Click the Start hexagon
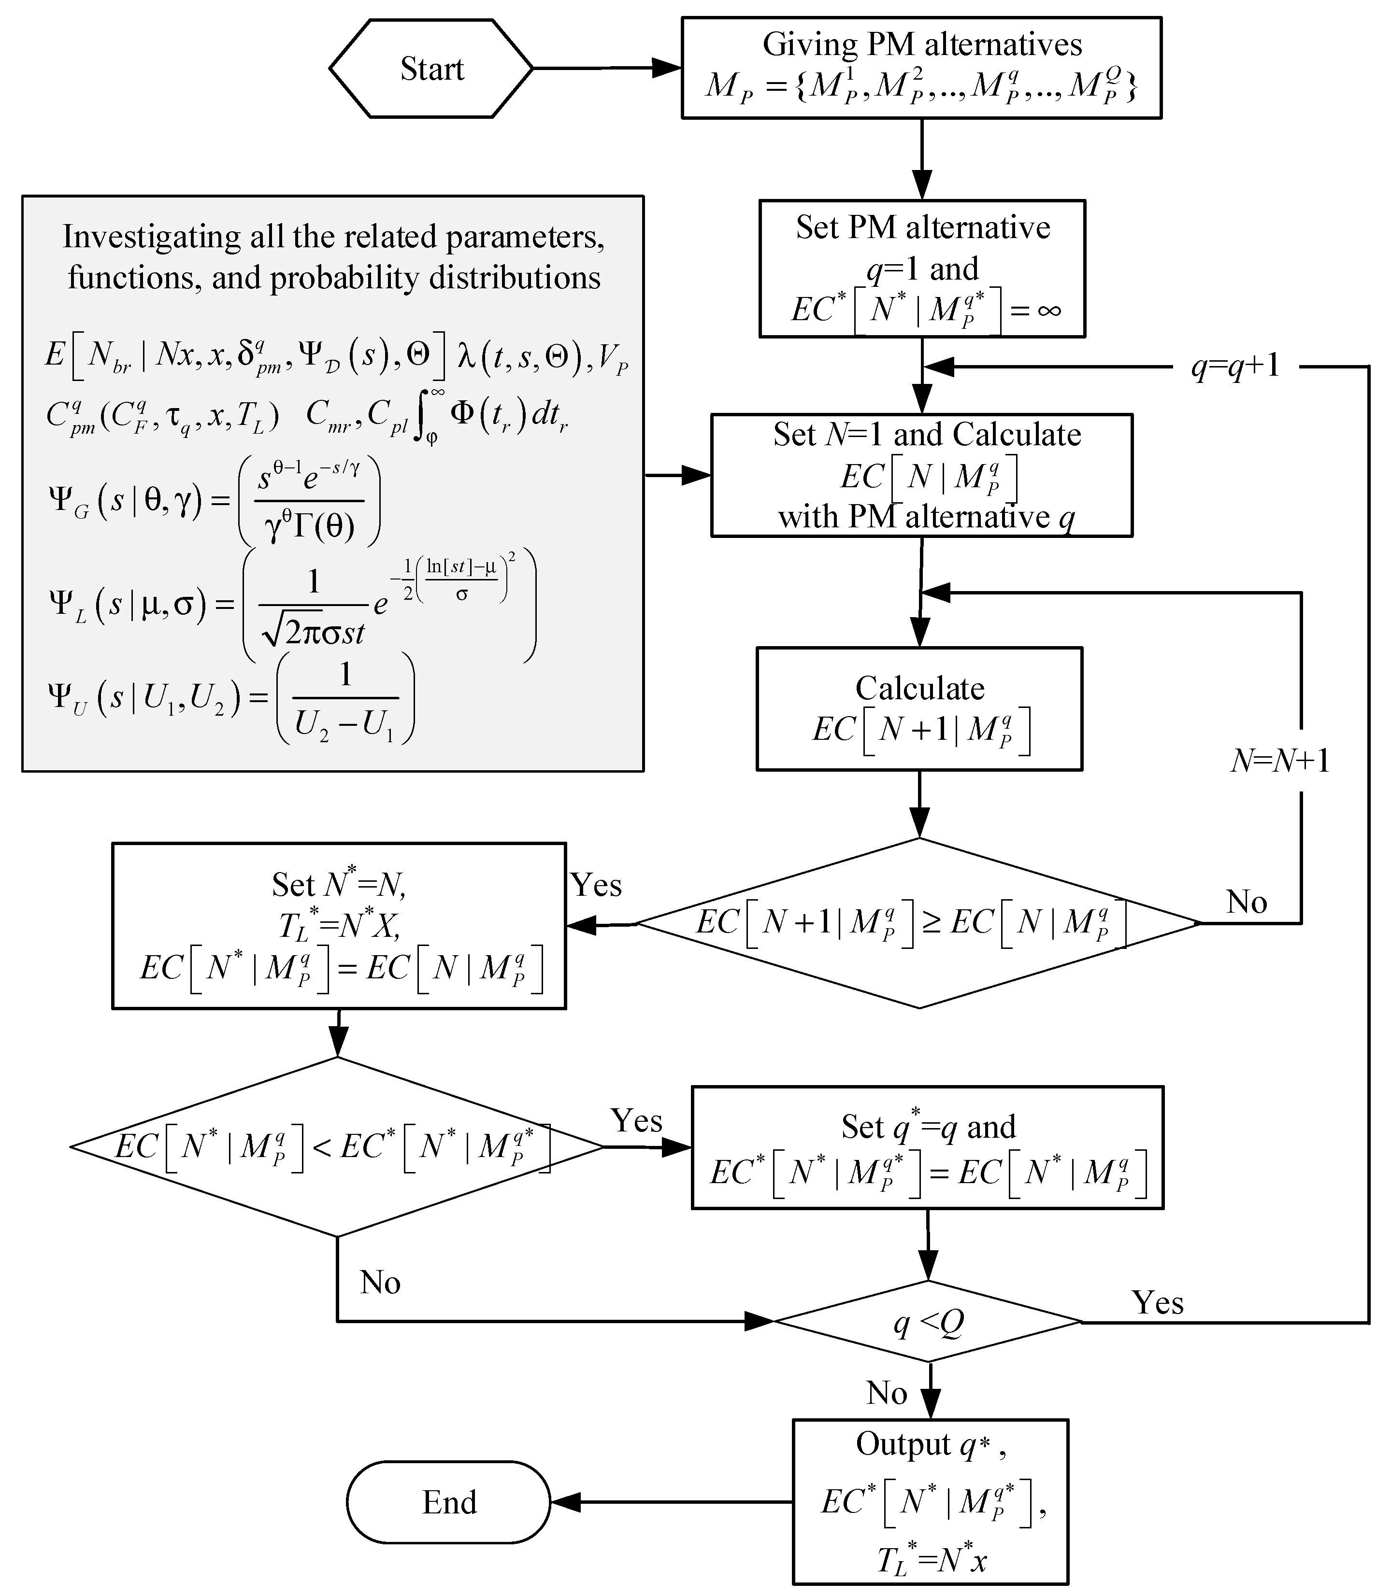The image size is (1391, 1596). [431, 68]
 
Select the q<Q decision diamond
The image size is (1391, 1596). [928, 1321]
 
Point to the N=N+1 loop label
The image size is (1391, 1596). [1280, 761]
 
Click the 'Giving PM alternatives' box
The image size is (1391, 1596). [921, 68]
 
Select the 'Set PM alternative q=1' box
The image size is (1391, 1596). [921, 268]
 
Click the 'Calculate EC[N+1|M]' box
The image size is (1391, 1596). [919, 708]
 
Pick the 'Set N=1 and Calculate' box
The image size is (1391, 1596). [921, 475]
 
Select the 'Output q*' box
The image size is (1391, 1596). [930, 1501]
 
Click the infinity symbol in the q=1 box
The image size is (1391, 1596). [1048, 311]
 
